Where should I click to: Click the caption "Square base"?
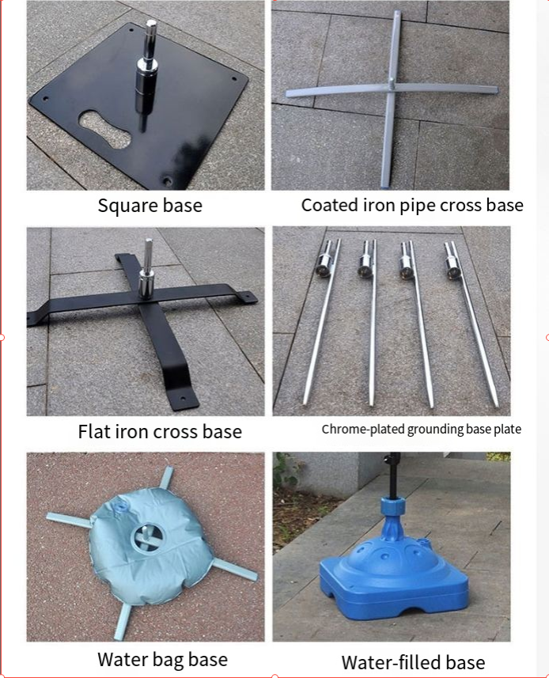click(150, 206)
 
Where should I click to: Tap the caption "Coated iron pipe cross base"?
click(412, 206)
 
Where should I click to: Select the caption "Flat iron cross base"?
click(160, 431)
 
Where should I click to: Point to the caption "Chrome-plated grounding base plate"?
click(422, 430)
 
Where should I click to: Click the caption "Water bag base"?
click(162, 660)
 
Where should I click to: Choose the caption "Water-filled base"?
click(413, 662)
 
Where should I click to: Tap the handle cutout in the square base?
click(105, 129)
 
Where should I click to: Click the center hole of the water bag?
click(147, 537)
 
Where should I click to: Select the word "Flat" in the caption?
click(94, 431)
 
